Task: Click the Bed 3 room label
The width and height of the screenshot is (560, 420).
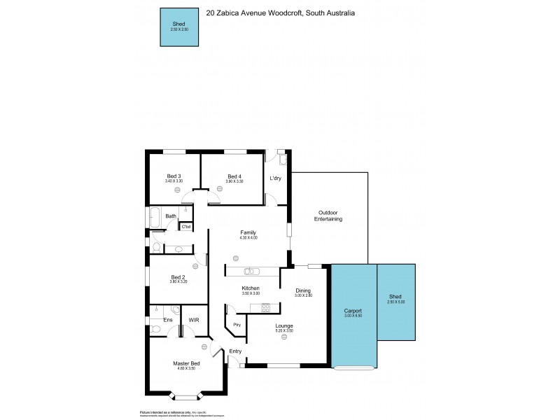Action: [174, 176]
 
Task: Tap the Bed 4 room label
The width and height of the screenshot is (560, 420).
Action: [234, 176]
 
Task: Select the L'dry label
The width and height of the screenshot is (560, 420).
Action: [276, 178]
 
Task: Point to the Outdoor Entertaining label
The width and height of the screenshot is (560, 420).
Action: [330, 216]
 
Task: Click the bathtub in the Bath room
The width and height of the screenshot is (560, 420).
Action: [155, 216]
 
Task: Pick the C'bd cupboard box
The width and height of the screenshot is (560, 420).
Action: [186, 226]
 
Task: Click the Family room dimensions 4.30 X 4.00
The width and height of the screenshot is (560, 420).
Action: [248, 238]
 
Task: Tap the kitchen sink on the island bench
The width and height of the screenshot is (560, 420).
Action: [251, 271]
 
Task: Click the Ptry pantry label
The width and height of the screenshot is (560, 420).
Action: [237, 325]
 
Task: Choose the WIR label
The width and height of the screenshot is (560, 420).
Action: [194, 320]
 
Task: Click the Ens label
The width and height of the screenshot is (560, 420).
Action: [168, 320]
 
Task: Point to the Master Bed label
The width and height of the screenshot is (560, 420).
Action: [186, 363]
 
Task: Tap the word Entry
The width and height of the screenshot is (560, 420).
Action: [234, 351]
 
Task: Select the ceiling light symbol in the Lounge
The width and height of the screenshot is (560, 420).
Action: [284, 337]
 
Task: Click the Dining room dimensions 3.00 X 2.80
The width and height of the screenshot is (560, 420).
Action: [302, 295]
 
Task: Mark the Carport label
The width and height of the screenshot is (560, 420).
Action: [352, 311]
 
